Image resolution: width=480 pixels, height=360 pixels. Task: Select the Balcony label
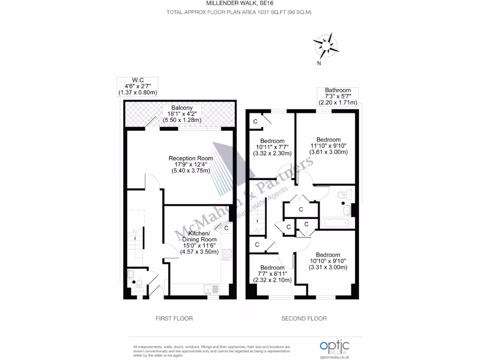[x=182, y=114]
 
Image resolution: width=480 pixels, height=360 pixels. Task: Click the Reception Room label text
[x=191, y=165]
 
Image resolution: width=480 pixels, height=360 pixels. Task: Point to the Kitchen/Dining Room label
[x=200, y=242]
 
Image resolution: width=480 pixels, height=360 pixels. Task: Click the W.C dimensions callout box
[x=137, y=87]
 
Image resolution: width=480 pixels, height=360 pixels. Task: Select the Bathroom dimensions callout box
[x=337, y=97]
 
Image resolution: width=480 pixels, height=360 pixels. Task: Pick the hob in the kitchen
[x=226, y=255]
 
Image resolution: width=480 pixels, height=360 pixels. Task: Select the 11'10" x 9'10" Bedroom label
[x=328, y=146]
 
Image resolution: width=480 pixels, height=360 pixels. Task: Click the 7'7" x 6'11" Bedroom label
[x=272, y=274]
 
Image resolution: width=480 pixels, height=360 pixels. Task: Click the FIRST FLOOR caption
[x=174, y=319]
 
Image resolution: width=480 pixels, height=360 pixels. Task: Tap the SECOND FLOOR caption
[x=304, y=319]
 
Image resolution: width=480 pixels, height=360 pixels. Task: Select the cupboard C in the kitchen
[x=226, y=229]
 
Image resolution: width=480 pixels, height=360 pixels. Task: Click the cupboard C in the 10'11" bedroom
[x=255, y=121]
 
